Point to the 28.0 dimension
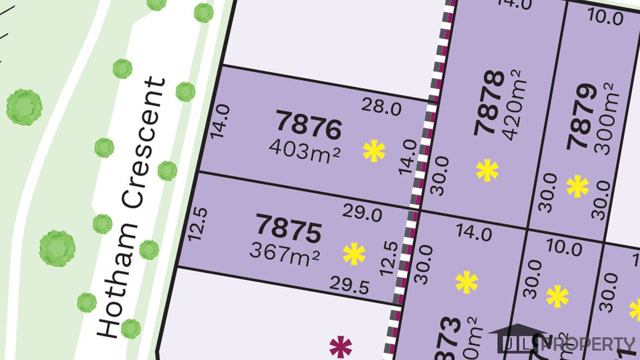coord(381,107)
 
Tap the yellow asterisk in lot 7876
coord(374,151)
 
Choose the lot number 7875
coord(288,230)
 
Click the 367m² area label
coord(284,254)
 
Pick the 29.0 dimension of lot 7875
coord(362,214)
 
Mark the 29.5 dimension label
coord(350,286)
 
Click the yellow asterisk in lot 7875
coord(354,254)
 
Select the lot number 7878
coord(490,103)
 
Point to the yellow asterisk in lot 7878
coord(487,171)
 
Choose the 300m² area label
coord(605,118)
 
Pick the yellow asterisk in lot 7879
coord(577,187)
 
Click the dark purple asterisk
coord(341,347)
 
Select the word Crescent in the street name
coord(143,143)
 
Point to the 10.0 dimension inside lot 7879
coord(605,18)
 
